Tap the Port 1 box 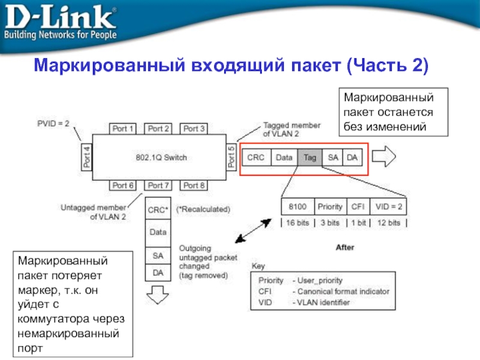(x=124, y=128)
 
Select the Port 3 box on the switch (x=194, y=128)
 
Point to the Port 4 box (x=86, y=157)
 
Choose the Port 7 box (x=159, y=185)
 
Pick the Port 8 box (x=194, y=185)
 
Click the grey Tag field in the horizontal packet (x=310, y=157)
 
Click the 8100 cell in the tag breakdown (x=297, y=207)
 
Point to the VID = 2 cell (x=389, y=207)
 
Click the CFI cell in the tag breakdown (x=358, y=207)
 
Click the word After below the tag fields (x=345, y=247)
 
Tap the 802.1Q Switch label (x=160, y=158)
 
